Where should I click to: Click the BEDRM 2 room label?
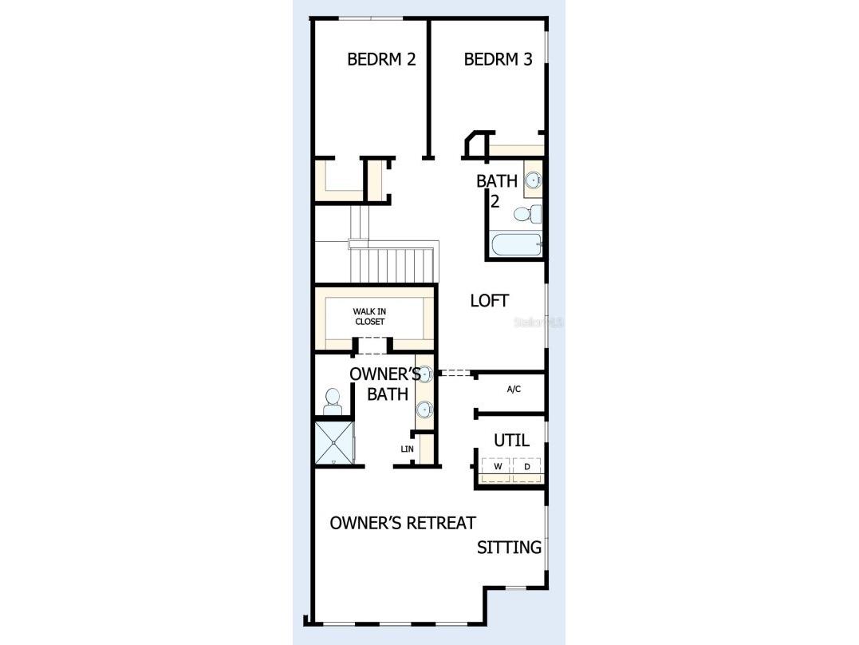[x=381, y=59]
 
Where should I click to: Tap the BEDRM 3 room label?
[x=498, y=59]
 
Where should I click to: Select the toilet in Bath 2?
[x=527, y=214]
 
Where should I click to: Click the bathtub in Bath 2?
[x=516, y=245]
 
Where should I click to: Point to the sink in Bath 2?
[x=533, y=181]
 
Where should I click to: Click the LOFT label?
[x=489, y=301]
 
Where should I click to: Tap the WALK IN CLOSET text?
[x=368, y=316]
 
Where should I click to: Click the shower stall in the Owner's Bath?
[x=333, y=442]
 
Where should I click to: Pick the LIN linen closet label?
[x=407, y=449]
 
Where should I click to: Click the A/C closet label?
[x=514, y=390]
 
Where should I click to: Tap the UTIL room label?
[x=511, y=440]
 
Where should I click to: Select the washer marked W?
[x=498, y=466]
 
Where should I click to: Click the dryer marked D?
[x=526, y=466]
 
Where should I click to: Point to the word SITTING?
[x=509, y=548]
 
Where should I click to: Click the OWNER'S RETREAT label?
[x=403, y=523]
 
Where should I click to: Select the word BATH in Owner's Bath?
[x=388, y=394]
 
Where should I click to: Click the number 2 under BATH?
[x=495, y=201]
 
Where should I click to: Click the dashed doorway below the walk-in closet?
[x=370, y=346]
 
